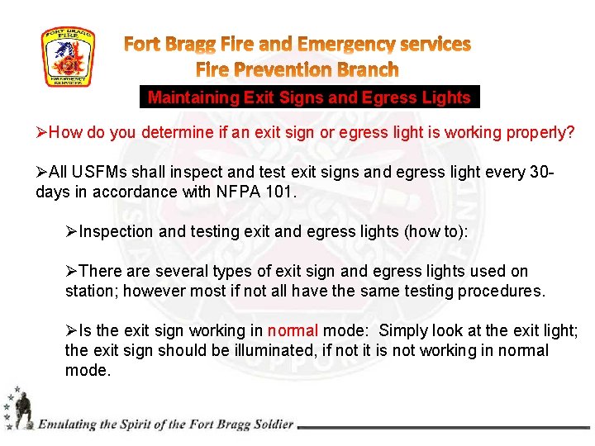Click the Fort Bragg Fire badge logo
point(69,57)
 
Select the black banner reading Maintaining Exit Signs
point(308,97)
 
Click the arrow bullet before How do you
point(42,132)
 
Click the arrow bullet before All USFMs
point(42,172)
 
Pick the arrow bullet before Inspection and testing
point(72,231)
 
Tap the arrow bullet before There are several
point(72,271)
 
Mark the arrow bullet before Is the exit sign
point(72,330)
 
